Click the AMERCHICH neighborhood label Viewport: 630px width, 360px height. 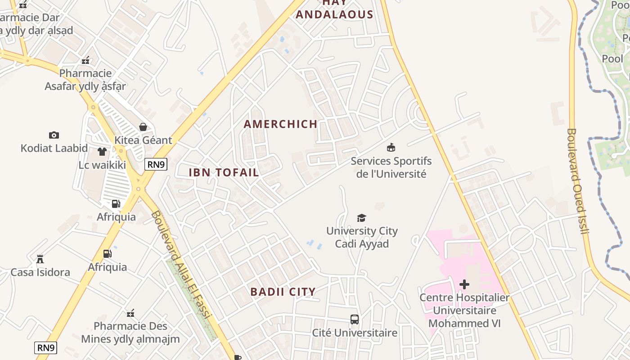[280, 124]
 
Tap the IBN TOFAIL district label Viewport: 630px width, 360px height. [224, 172]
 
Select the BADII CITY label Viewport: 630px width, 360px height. [283, 292]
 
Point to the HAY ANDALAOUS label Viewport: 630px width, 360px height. [334, 10]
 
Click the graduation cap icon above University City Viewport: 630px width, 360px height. [361, 218]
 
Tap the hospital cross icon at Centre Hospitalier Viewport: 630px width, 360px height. [464, 284]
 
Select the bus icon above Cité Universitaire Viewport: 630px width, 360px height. [355, 319]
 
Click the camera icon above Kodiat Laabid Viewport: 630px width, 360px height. [54, 135]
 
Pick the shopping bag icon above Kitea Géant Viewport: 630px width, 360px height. [143, 127]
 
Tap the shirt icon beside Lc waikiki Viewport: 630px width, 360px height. [102, 152]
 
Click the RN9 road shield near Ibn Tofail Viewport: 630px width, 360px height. [156, 164]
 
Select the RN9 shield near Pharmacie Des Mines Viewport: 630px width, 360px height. [46, 347]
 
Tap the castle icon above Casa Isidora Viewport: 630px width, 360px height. [40, 259]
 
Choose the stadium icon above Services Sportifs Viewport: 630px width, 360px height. [391, 147]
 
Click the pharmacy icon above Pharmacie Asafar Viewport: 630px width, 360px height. [85, 60]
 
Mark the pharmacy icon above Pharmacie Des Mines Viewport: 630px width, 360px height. [130, 313]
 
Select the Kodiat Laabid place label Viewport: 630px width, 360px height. [54, 148]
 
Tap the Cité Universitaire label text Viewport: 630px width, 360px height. [355, 333]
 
